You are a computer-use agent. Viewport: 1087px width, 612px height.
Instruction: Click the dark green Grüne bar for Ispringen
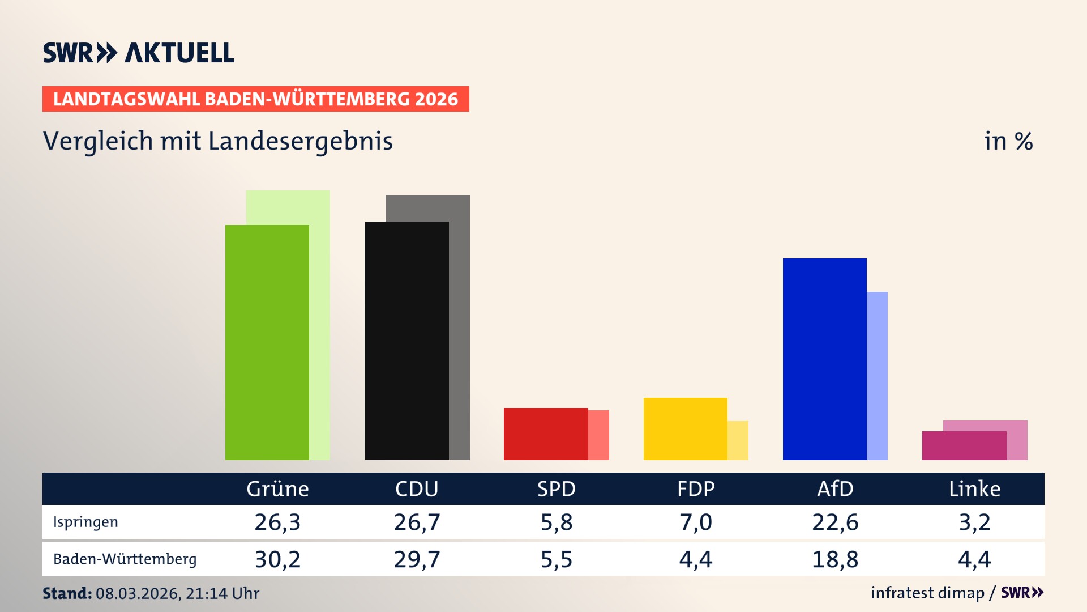coord(267,342)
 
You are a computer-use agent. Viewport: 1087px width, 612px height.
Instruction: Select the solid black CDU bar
coord(406,341)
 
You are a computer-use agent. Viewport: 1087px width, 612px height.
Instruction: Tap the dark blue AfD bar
coord(824,359)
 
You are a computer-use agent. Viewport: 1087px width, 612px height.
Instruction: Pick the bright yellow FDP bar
coord(685,429)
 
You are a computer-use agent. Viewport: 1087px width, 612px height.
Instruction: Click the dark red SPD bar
coord(546,434)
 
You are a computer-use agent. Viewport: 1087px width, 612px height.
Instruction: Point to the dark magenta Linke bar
coord(964,446)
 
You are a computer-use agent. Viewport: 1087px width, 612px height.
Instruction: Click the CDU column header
coord(417,489)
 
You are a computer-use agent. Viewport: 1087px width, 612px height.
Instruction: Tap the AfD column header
coord(835,489)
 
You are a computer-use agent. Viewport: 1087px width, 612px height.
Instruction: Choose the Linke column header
coord(974,489)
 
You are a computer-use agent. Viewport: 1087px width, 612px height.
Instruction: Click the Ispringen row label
coord(85,522)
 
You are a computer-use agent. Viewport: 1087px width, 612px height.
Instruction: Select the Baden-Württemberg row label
coord(125,559)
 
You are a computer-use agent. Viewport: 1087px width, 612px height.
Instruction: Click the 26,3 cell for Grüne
coord(277,522)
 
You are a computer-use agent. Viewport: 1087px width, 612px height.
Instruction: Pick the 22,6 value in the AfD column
coord(835,522)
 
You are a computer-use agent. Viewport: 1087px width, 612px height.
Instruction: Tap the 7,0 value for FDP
coord(696,522)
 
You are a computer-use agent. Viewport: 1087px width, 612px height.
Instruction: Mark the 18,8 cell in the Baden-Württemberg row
coord(835,559)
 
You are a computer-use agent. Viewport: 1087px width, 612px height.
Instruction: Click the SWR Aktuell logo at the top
coord(139,53)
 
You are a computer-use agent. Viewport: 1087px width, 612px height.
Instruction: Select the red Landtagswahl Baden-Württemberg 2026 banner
coord(255,99)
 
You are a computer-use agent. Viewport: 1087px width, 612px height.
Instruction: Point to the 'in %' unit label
coord(1008,141)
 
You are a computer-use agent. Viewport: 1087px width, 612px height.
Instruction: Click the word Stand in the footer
coord(67,593)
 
